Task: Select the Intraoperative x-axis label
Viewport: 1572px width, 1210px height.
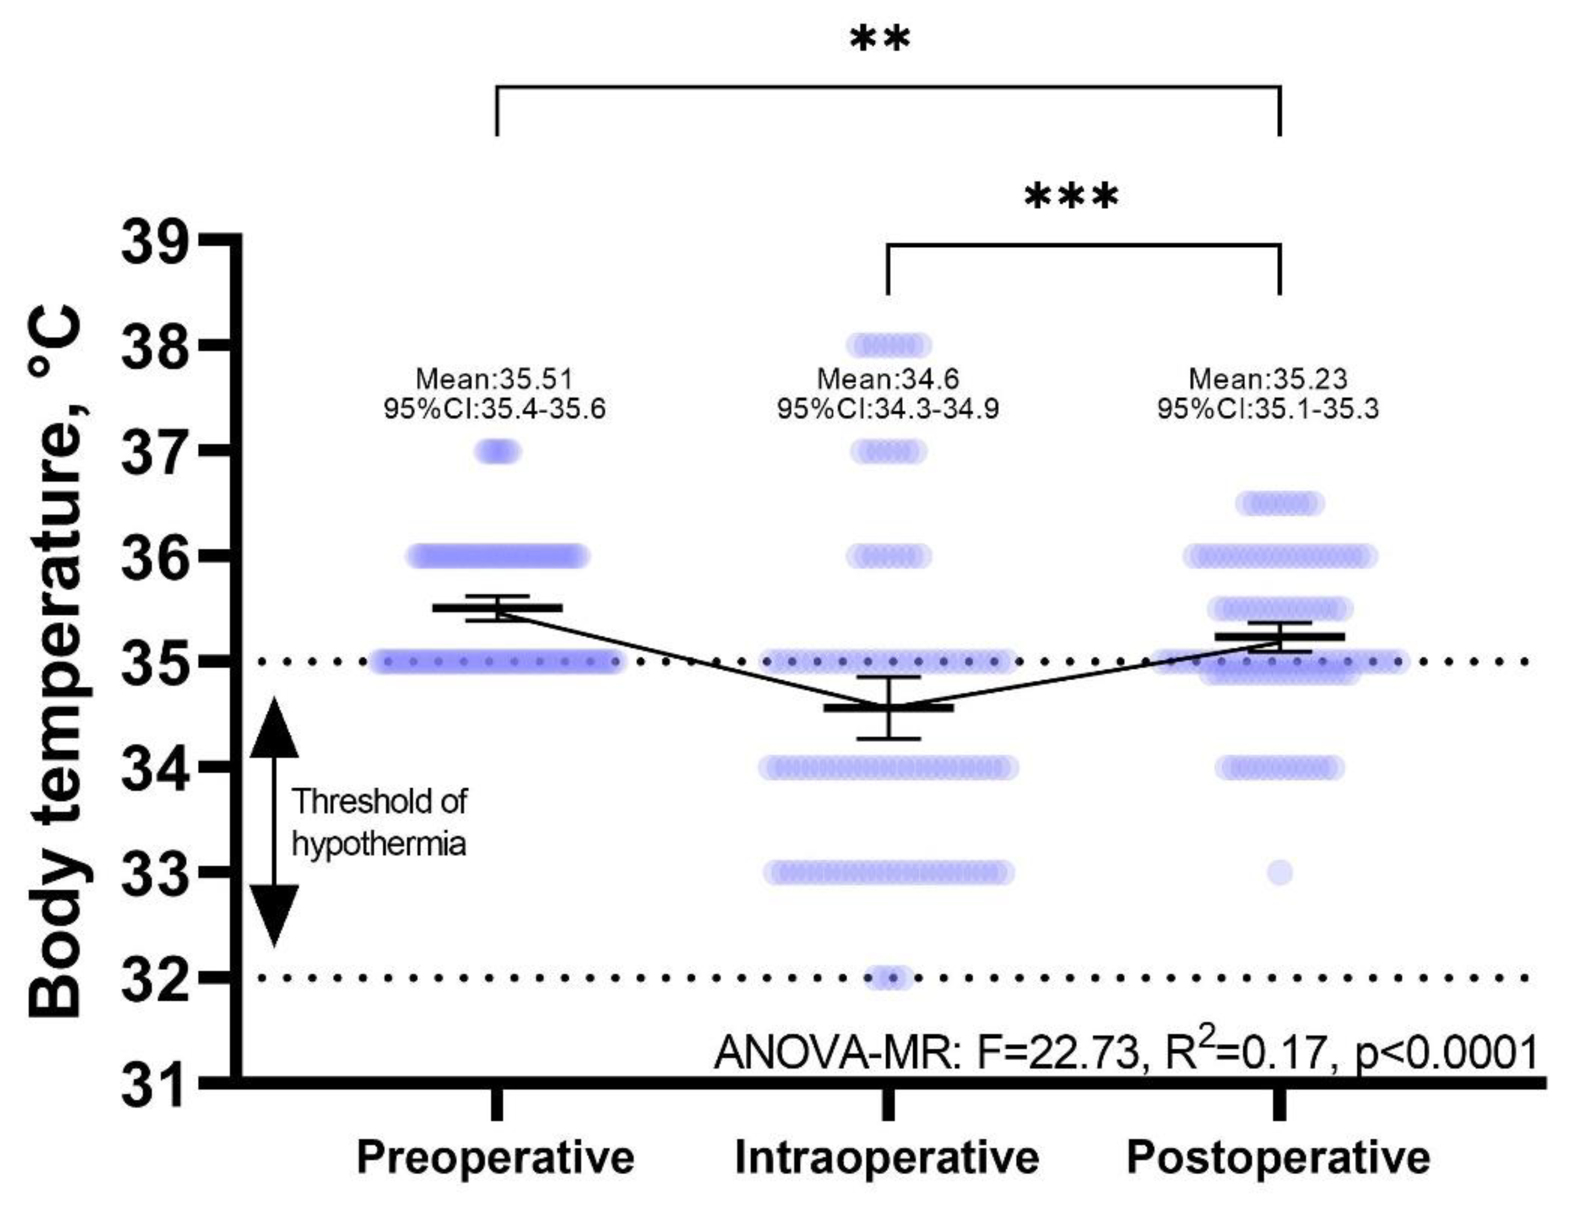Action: tap(886, 1158)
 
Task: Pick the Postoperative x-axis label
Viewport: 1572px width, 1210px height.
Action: tap(1278, 1158)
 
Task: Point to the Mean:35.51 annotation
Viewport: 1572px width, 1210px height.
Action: tap(494, 379)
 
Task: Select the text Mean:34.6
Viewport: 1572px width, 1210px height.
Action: tap(887, 379)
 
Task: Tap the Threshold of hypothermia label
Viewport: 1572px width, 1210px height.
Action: tap(379, 822)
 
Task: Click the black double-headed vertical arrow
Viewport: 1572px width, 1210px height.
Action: tap(274, 821)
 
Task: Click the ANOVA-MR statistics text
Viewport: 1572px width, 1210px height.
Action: tap(1125, 1052)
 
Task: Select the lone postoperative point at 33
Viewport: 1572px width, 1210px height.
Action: tap(1280, 873)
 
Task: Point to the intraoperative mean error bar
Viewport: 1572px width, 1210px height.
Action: tap(889, 708)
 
